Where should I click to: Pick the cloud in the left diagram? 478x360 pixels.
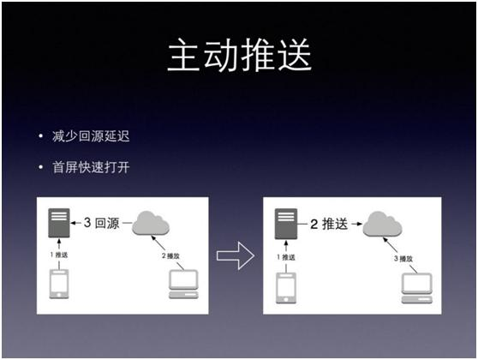(151, 225)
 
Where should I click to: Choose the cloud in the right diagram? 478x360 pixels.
(381, 225)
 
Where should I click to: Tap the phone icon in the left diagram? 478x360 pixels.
(58, 284)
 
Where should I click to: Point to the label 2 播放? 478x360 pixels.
(176, 256)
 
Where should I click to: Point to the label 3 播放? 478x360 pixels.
(407, 256)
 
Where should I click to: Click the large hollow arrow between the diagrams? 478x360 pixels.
(234, 254)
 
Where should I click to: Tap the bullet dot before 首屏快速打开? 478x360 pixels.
(39, 165)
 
